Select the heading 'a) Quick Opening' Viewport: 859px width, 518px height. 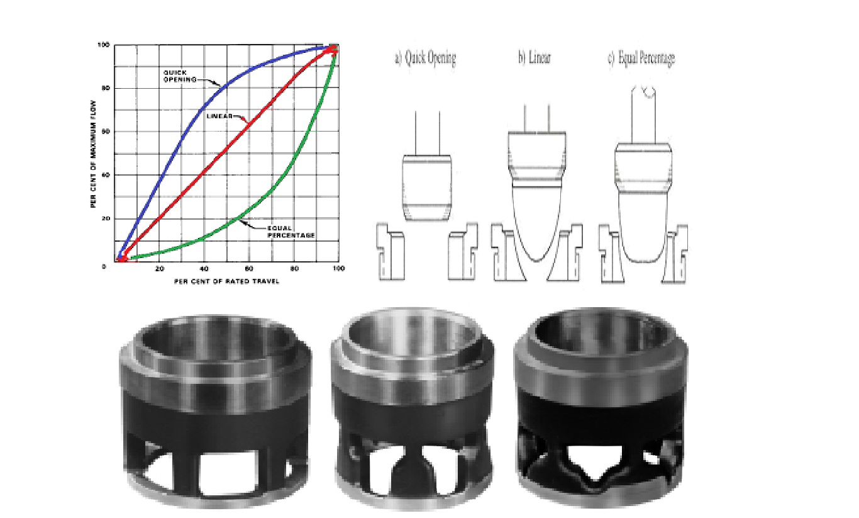coord(425,59)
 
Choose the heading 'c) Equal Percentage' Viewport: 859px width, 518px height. coord(641,59)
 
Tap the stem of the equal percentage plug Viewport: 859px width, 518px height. coord(641,113)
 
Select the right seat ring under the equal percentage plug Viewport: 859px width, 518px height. coord(677,252)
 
